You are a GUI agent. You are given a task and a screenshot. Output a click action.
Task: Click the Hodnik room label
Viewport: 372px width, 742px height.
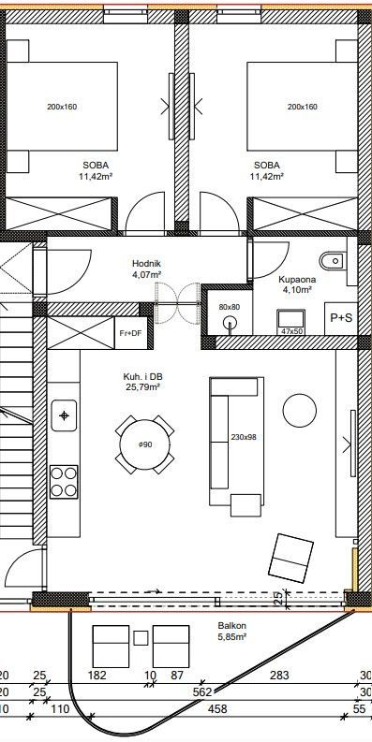point(143,264)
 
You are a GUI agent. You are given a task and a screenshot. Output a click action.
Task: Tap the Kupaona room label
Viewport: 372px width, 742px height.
point(297,279)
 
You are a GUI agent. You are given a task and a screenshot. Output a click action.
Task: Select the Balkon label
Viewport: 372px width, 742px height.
point(231,626)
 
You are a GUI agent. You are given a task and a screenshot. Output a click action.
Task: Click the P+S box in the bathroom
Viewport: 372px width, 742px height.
point(341,318)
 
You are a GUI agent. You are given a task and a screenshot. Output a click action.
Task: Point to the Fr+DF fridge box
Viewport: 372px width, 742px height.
point(130,333)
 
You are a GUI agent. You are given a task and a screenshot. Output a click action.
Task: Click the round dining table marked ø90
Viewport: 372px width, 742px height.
point(144,444)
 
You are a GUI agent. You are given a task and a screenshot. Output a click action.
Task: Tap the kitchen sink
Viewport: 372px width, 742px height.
point(64,415)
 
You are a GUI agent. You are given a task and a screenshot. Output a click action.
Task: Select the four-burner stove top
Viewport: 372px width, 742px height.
point(64,482)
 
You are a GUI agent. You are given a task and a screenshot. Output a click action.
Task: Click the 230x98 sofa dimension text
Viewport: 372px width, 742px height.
point(243,437)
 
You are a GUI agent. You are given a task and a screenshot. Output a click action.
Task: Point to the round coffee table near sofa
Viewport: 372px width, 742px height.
point(300,410)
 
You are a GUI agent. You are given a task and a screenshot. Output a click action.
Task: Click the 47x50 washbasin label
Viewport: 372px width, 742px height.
point(292,331)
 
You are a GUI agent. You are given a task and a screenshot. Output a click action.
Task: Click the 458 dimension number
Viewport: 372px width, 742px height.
point(217,709)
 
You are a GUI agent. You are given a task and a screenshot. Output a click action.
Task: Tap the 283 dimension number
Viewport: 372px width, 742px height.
point(278,676)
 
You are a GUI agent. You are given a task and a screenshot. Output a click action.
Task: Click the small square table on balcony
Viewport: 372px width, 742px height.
point(141,638)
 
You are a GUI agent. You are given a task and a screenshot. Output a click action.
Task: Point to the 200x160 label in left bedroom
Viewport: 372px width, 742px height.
point(62,107)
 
